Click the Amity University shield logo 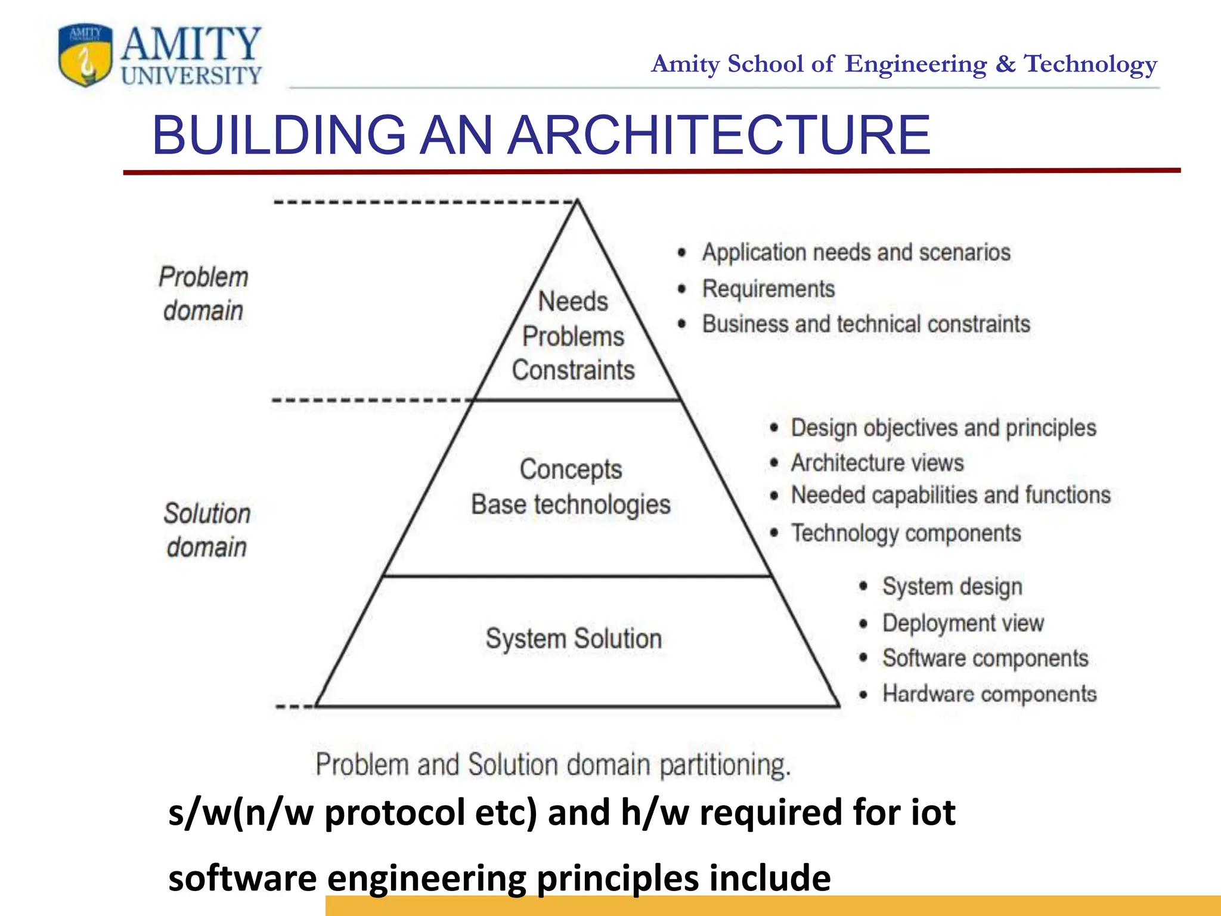coord(86,55)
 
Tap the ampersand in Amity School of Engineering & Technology coord(1005,64)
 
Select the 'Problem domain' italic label coord(203,294)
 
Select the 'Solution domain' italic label coord(206,530)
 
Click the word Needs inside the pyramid coord(573,302)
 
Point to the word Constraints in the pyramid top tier coord(573,370)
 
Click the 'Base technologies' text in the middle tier coord(571,505)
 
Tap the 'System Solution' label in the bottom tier coord(574,639)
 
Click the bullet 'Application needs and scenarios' coord(856,253)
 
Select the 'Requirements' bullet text coord(768,289)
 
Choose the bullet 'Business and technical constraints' coord(866,324)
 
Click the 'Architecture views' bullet coord(877,463)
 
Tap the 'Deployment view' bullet coord(963,623)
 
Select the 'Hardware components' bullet coord(989,694)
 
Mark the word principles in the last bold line coord(617,879)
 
